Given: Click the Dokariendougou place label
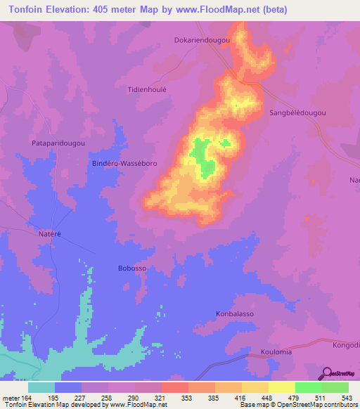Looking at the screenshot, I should [x=202, y=41].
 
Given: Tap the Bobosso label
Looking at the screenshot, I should [x=131, y=268].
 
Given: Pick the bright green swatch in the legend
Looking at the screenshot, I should [x=308, y=387].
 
